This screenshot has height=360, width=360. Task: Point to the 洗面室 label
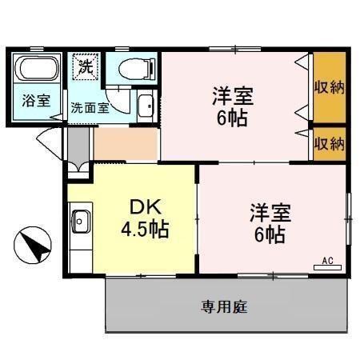(89, 106)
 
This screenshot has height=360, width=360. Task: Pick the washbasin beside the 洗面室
(146, 105)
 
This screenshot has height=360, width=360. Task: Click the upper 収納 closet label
(329, 86)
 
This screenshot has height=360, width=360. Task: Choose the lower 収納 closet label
(329, 144)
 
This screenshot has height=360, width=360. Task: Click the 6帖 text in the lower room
(270, 235)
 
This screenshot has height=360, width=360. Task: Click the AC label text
(328, 260)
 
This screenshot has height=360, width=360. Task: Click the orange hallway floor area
(126, 143)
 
